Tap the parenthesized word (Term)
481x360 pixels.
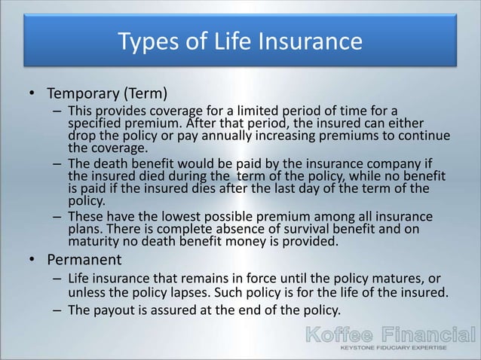click(144, 94)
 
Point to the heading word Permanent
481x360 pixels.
click(84, 260)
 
